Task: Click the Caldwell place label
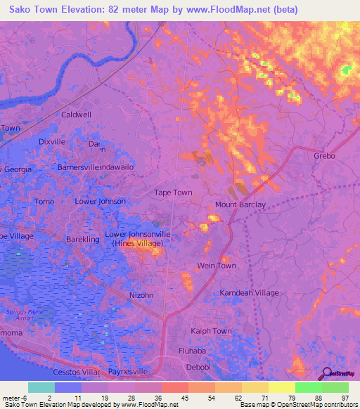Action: pyautogui.click(x=77, y=114)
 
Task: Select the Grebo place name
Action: pyautogui.click(x=324, y=155)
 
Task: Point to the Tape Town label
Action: pyautogui.click(x=173, y=192)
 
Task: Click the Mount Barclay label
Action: pyautogui.click(x=240, y=204)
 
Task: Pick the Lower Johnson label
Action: pyautogui.click(x=101, y=201)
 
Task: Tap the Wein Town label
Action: pyautogui.click(x=217, y=266)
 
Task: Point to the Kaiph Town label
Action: pyautogui.click(x=211, y=331)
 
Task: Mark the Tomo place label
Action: pyautogui.click(x=44, y=201)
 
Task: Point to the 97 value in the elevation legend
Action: pyautogui.click(x=344, y=398)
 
